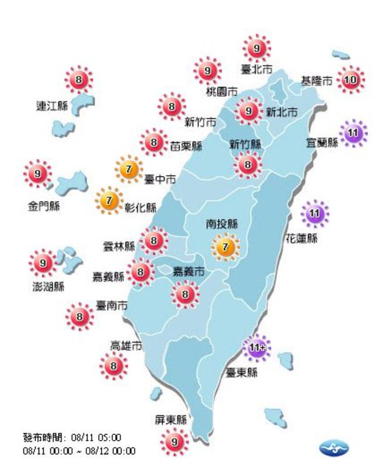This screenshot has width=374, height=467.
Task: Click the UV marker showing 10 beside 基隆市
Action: (350, 82)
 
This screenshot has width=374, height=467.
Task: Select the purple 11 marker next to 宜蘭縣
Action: (352, 134)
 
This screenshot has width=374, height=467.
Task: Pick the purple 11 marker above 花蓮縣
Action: (314, 213)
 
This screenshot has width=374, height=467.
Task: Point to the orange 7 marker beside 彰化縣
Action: (109, 201)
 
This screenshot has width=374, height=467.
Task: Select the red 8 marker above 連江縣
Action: (79, 80)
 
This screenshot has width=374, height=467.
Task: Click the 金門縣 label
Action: (44, 207)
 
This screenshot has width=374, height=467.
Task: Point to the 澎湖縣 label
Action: (49, 287)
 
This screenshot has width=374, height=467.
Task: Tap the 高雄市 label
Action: (126, 346)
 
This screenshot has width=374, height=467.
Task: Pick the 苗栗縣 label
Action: (186, 146)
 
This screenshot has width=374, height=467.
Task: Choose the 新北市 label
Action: (282, 112)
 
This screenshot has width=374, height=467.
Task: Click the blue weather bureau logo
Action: (334, 449)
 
